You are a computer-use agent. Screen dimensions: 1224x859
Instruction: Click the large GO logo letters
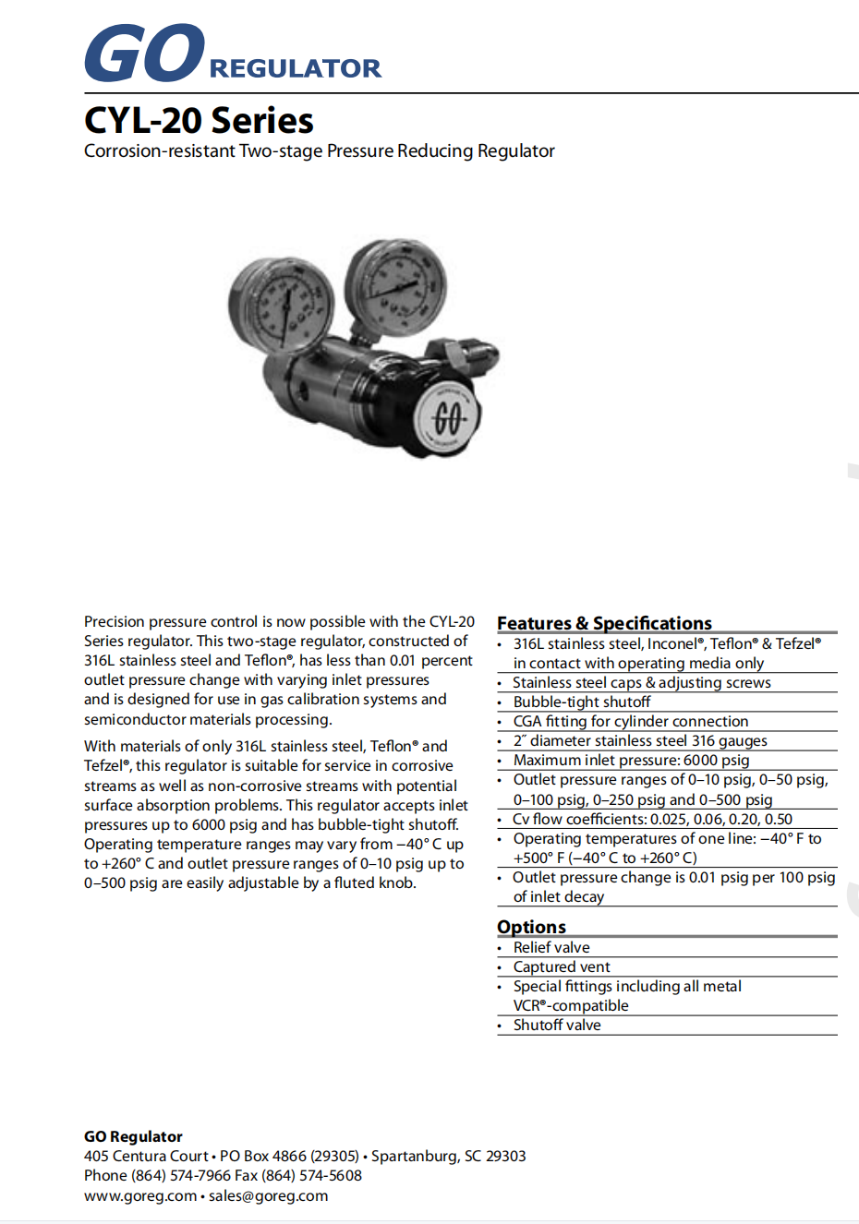[x=144, y=53]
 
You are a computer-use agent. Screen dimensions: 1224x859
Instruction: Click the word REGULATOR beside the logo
[x=295, y=68]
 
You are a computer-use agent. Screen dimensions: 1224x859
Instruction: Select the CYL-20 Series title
[x=199, y=121]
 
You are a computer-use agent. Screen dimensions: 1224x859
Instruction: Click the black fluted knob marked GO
[x=448, y=417]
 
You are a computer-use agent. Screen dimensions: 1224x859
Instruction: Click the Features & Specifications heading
[x=604, y=623]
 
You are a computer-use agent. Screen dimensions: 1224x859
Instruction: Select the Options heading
[x=531, y=927]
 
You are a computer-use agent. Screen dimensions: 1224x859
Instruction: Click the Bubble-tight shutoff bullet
[x=581, y=702]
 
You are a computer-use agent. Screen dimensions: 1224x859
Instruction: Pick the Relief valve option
[x=551, y=947]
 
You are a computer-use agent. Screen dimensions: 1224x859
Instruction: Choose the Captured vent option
[x=562, y=966]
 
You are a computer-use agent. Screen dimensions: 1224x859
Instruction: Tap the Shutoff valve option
[x=557, y=1025]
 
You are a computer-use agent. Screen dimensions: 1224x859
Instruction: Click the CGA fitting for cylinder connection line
[x=631, y=721]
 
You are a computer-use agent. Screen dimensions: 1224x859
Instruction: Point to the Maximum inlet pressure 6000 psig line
[x=631, y=760]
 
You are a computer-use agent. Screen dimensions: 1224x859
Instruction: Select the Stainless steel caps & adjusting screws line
[x=641, y=682]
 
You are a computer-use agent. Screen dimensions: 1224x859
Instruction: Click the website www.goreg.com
[x=140, y=1195]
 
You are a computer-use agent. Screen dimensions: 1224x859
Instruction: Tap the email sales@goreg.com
[x=268, y=1195]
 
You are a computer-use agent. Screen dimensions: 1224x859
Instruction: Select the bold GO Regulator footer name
[x=133, y=1136]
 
